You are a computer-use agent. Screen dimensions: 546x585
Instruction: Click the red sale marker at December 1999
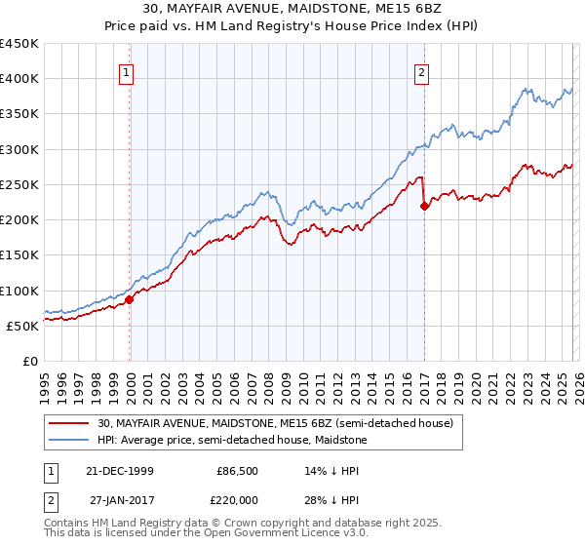130,299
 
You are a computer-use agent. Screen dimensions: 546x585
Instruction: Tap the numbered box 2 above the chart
421,71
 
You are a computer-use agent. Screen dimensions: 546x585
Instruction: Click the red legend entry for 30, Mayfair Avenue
275,424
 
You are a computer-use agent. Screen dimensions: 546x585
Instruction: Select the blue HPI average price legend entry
232,441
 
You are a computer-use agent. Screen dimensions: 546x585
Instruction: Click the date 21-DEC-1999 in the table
121,471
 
